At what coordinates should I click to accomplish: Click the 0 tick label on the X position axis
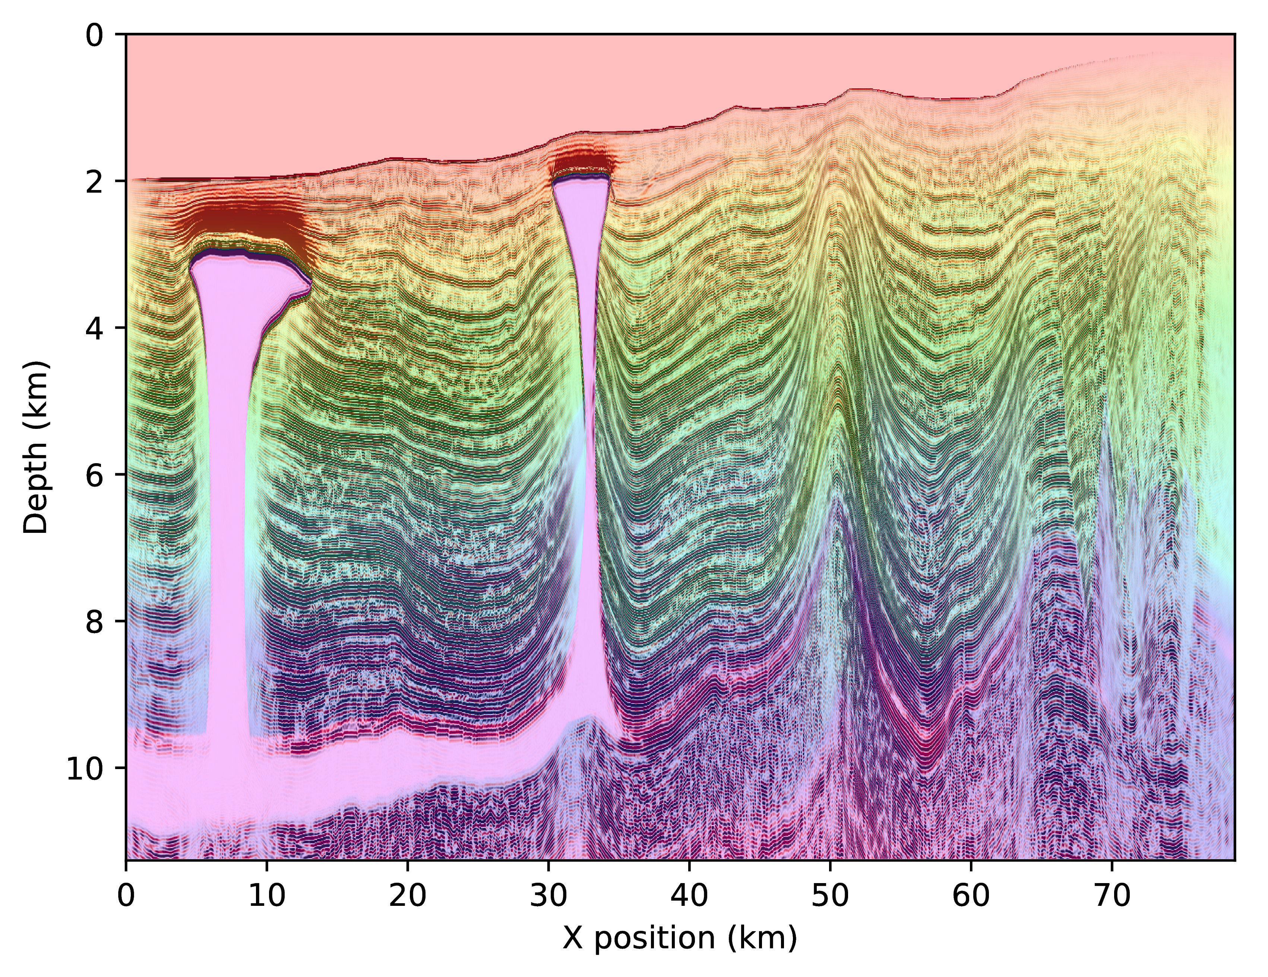(x=126, y=897)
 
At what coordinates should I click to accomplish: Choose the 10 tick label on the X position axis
(x=266, y=897)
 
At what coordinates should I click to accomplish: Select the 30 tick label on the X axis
(x=548, y=897)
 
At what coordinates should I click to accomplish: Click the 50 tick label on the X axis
(x=830, y=897)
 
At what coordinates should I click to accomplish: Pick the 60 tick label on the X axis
(x=971, y=897)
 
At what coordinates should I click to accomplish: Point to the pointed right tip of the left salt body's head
(x=311, y=282)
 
